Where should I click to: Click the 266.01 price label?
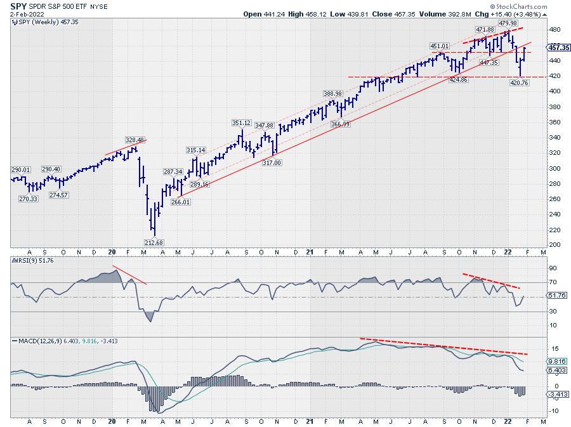[x=180, y=202]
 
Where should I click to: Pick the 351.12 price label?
[x=242, y=123]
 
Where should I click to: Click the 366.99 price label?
[x=341, y=124]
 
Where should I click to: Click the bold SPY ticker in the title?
[x=18, y=5]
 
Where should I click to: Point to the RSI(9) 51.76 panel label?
[x=31, y=260]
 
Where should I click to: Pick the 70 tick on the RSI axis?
[x=552, y=282]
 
